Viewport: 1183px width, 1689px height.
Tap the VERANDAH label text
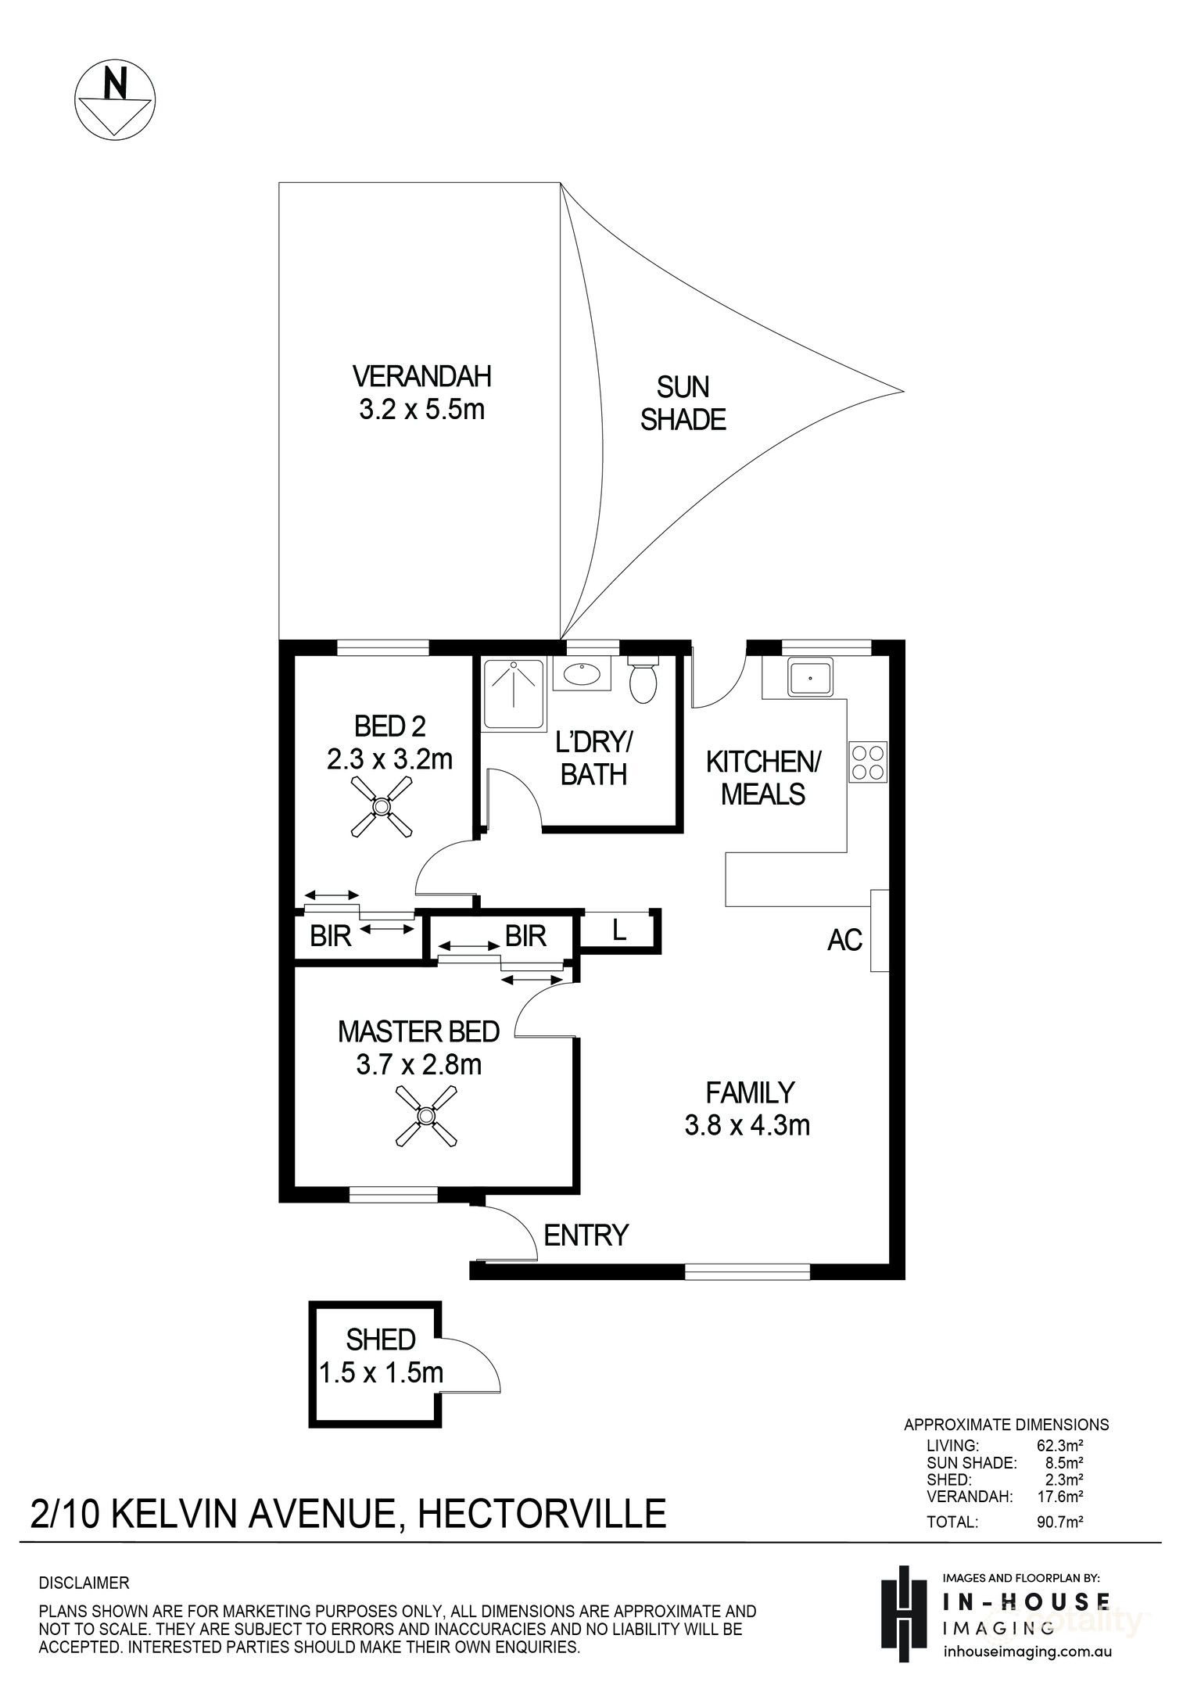point(421,377)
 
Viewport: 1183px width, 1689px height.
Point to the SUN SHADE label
point(683,403)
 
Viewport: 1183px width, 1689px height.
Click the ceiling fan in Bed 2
point(381,806)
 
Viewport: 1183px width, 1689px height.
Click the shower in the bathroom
point(513,693)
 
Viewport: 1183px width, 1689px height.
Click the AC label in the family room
point(844,939)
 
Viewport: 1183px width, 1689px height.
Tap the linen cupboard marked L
point(618,931)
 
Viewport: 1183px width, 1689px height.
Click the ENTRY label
point(586,1235)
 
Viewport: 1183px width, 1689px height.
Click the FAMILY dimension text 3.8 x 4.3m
point(747,1125)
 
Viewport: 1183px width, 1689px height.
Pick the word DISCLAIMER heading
point(84,1583)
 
